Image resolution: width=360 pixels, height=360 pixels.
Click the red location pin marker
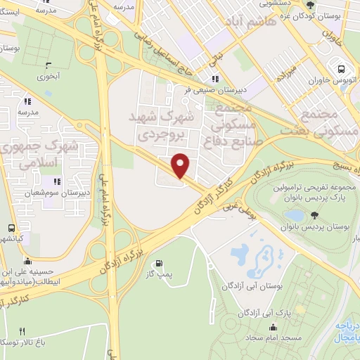coord(181,166)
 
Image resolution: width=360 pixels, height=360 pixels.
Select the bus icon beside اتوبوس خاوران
coord(341,70)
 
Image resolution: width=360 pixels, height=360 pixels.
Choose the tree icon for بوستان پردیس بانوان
coord(314,215)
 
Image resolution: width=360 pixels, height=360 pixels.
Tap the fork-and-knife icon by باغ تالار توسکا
coord(22,332)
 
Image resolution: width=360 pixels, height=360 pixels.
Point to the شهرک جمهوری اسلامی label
coord(41,155)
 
